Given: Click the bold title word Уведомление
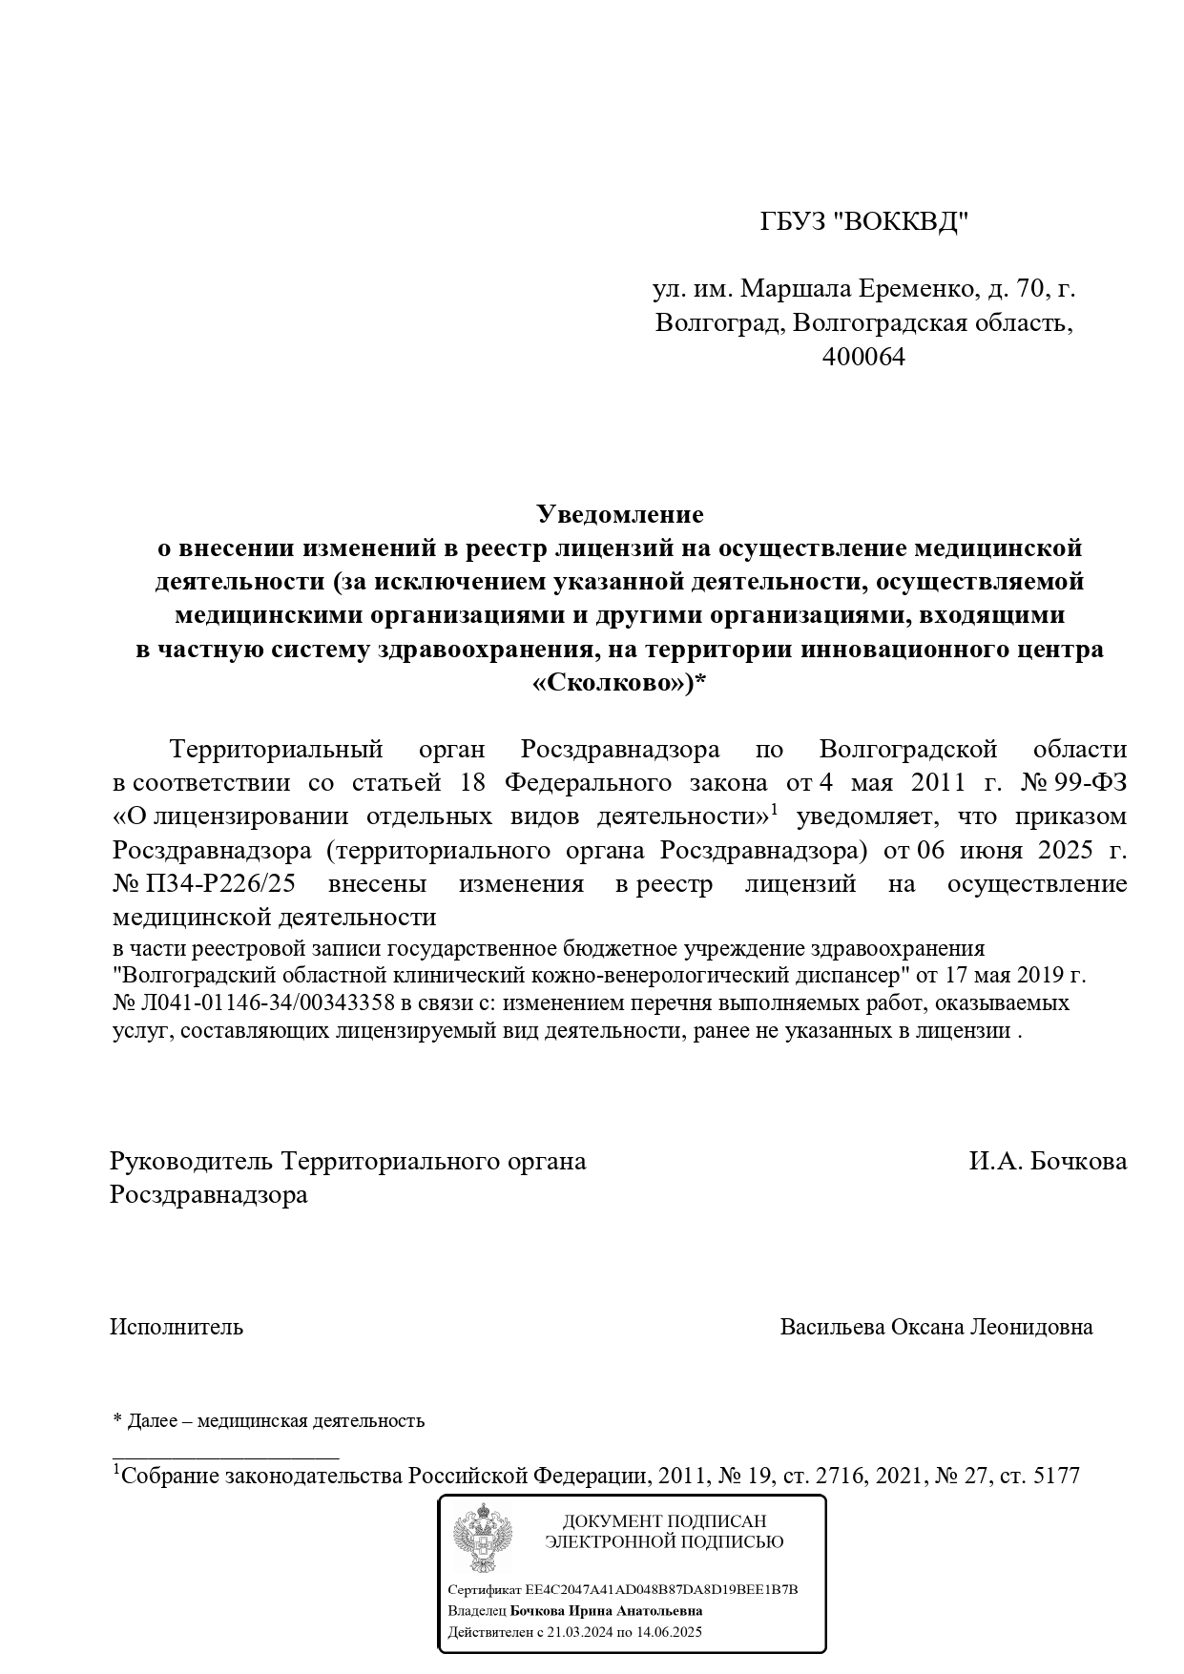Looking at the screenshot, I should pos(620,514).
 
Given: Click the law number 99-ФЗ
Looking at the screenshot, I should pos(1091,782).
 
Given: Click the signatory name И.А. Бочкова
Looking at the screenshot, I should pos(1048,1161).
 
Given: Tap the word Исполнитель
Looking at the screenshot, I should pos(177,1327).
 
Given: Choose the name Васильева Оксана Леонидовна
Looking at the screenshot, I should pos(936,1327).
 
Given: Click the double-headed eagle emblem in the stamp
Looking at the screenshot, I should pos(482,1539).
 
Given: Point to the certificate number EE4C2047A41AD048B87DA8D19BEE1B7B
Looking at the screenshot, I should pos(661,1590).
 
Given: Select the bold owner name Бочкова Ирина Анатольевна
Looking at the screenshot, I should pos(606,1611).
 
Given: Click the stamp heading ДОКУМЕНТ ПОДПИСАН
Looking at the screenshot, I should pos(664,1521).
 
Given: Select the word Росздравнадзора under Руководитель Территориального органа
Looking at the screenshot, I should pos(209,1194).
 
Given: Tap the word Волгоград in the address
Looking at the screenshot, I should pos(717,322).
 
